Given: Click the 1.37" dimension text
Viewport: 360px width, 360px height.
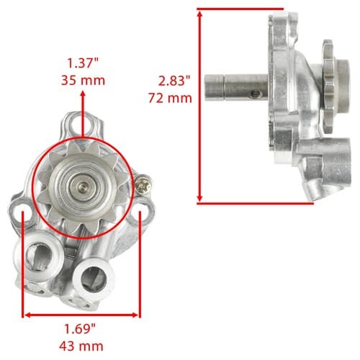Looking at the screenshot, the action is (83, 63).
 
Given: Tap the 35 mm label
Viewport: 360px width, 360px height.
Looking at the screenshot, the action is (83, 80).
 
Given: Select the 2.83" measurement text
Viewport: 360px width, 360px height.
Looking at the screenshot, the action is (174, 81).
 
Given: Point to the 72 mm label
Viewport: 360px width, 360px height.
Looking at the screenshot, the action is (170, 98).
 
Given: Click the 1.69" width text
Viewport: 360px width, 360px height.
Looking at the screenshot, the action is (80, 328).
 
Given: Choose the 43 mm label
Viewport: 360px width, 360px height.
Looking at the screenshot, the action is (81, 346).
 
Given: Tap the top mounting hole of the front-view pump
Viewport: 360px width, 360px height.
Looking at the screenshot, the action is (81, 125).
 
